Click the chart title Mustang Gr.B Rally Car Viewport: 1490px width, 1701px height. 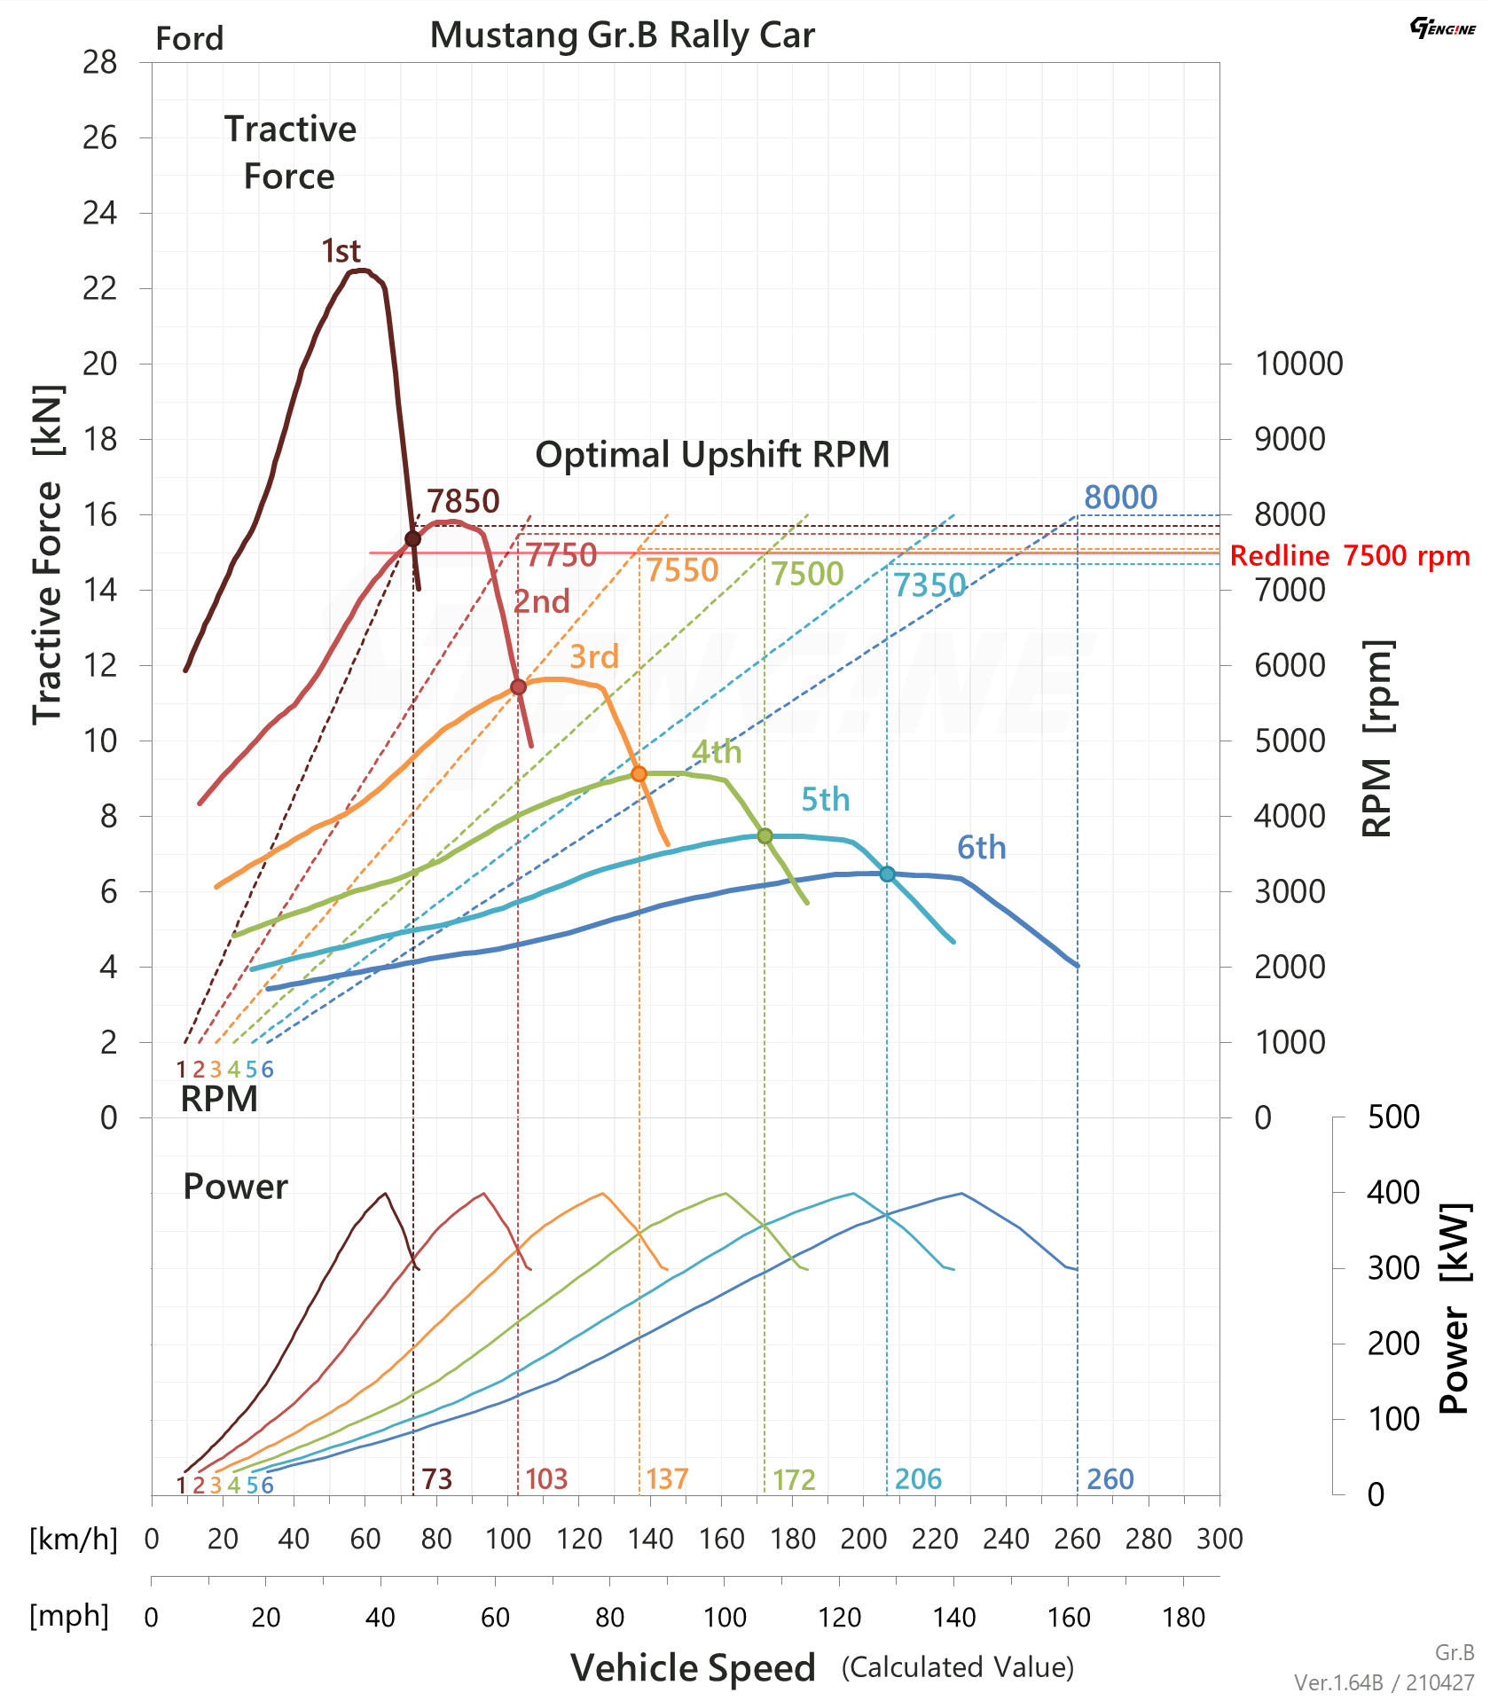pyautogui.click(x=622, y=35)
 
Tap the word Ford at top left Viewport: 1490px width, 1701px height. pyautogui.click(x=189, y=39)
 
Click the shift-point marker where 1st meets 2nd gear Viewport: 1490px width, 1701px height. pyautogui.click(x=412, y=538)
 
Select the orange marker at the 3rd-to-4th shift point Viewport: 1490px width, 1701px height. pyautogui.click(x=639, y=774)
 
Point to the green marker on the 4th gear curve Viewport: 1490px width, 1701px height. pyautogui.click(x=765, y=835)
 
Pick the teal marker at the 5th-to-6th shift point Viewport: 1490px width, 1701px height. pyautogui.click(x=887, y=874)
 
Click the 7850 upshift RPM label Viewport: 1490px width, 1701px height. pyautogui.click(x=463, y=502)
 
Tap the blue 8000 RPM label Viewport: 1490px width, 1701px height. pyautogui.click(x=1120, y=498)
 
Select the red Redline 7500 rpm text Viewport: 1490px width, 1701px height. pyautogui.click(x=1349, y=556)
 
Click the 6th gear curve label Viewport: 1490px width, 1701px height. pyautogui.click(x=981, y=848)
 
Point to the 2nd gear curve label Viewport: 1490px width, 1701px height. pyautogui.click(x=542, y=602)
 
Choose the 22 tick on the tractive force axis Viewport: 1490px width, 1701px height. pyautogui.click(x=100, y=288)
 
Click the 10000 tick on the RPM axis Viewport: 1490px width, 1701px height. pyautogui.click(x=1298, y=364)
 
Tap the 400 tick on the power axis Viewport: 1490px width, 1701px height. pyautogui.click(x=1393, y=1193)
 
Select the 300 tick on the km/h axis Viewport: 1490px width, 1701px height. pyautogui.click(x=1219, y=1539)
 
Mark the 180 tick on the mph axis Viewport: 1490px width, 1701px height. pyautogui.click(x=1183, y=1618)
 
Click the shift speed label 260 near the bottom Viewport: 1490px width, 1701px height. pyautogui.click(x=1110, y=1479)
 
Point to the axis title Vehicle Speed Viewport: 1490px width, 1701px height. pyautogui.click(x=693, y=1668)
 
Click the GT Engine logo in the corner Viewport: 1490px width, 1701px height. pyautogui.click(x=1442, y=28)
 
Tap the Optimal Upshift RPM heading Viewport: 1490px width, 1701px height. pyautogui.click(x=712, y=455)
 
